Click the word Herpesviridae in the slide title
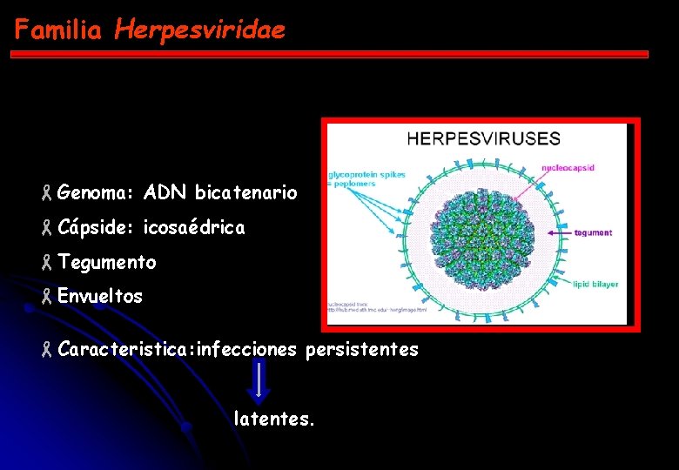click(x=199, y=30)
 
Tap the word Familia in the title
click(x=58, y=30)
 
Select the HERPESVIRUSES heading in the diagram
click(x=484, y=138)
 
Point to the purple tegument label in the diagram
click(x=593, y=232)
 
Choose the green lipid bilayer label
click(x=596, y=283)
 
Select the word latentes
click(x=274, y=419)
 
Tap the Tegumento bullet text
click(x=107, y=262)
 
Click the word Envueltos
click(x=100, y=296)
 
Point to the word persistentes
click(x=361, y=349)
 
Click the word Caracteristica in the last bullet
click(x=126, y=349)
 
